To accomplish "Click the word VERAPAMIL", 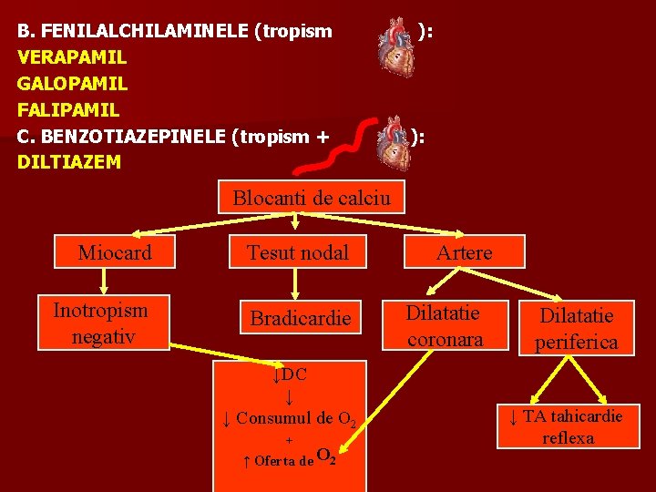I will [x=72, y=57].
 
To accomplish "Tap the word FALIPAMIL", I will [x=68, y=110].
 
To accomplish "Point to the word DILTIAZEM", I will [x=69, y=163].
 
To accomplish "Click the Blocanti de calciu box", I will [x=312, y=198].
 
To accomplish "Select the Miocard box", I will [x=115, y=252].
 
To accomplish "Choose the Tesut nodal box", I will [x=299, y=252].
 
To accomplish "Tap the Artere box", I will [x=464, y=252].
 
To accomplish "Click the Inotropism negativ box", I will [x=100, y=323].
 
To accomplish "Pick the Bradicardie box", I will [x=300, y=319].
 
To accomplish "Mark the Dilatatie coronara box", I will [x=445, y=325].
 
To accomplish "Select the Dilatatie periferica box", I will [x=576, y=328].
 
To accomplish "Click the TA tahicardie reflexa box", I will [x=567, y=426].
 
